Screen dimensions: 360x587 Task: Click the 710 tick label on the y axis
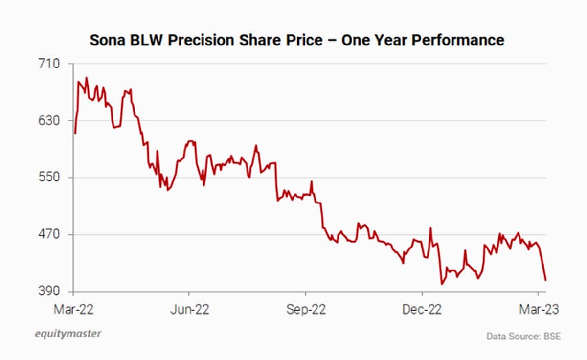[x=50, y=64]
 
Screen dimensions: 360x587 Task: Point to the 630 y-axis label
[x=50, y=121]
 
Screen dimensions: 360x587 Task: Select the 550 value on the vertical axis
[x=50, y=178]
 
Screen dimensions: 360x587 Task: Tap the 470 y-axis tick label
[x=50, y=235]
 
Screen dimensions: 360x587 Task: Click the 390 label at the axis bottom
[x=50, y=292]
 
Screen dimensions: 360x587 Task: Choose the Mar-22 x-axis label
[x=73, y=310]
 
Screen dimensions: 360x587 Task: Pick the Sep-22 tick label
[x=306, y=310]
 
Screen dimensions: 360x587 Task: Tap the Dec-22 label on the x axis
[x=422, y=310]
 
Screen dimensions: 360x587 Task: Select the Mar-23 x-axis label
[x=538, y=310]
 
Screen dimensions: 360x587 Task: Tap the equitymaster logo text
[x=68, y=334]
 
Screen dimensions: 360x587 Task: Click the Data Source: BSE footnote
[x=523, y=337]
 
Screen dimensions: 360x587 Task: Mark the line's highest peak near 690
[x=87, y=78]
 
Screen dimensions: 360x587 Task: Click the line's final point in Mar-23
[x=545, y=280]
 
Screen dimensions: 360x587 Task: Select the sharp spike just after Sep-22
[x=312, y=182]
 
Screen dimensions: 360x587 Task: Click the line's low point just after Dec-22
[x=442, y=284]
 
